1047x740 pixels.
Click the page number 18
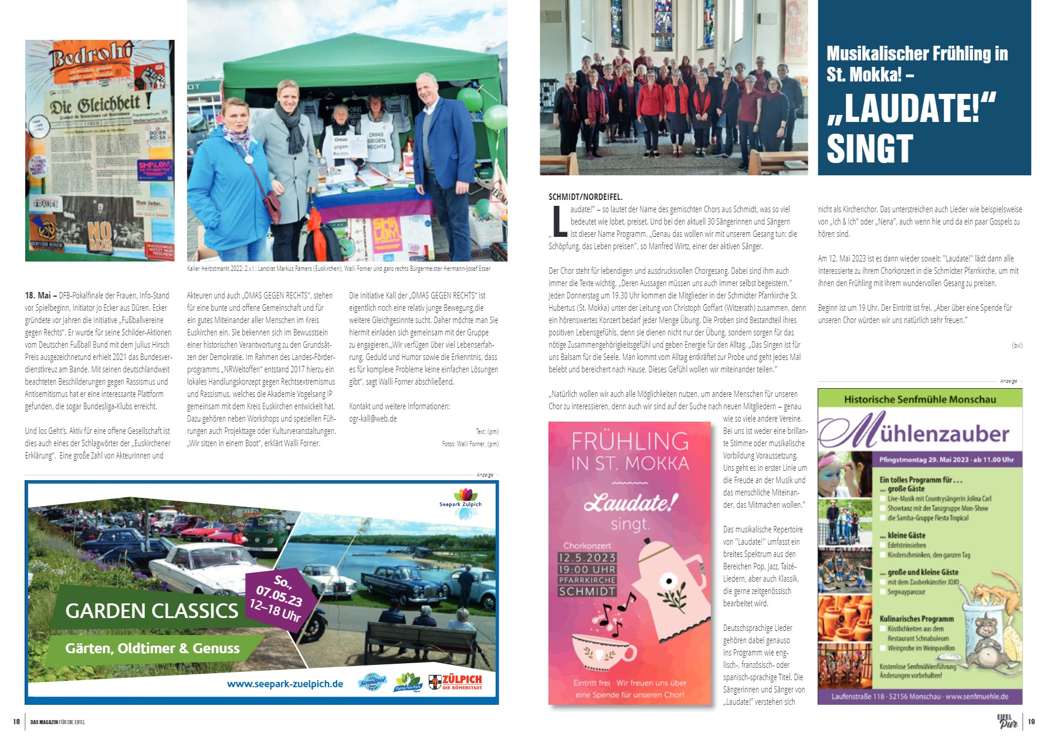[x=16, y=722]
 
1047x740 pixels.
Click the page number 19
[x=1031, y=722]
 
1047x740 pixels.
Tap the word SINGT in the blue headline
[x=869, y=148]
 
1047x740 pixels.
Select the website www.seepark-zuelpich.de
[x=285, y=684]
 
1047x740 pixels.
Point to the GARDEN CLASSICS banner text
[x=151, y=611]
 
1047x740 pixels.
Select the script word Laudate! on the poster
[x=631, y=503]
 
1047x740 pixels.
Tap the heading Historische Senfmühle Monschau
[x=920, y=399]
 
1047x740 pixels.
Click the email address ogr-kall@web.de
[x=373, y=419]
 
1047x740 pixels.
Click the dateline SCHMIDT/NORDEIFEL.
[x=585, y=197]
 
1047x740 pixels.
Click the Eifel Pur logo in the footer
[x=1008, y=722]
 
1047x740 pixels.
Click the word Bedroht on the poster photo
[x=91, y=59]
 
